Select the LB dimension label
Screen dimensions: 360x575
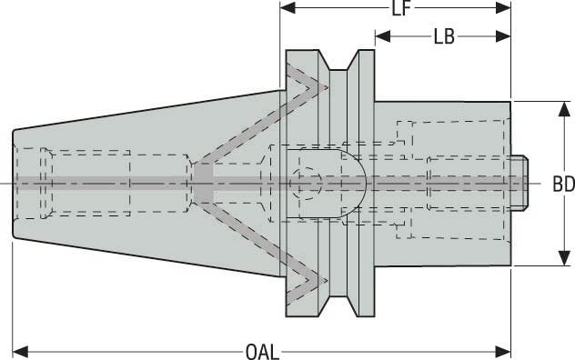point(444,37)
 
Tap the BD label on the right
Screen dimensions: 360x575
point(563,184)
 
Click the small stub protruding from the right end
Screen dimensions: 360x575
point(519,183)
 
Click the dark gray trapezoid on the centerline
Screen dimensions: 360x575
point(202,183)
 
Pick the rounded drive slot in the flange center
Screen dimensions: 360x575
point(346,183)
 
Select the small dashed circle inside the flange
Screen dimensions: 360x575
point(307,183)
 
